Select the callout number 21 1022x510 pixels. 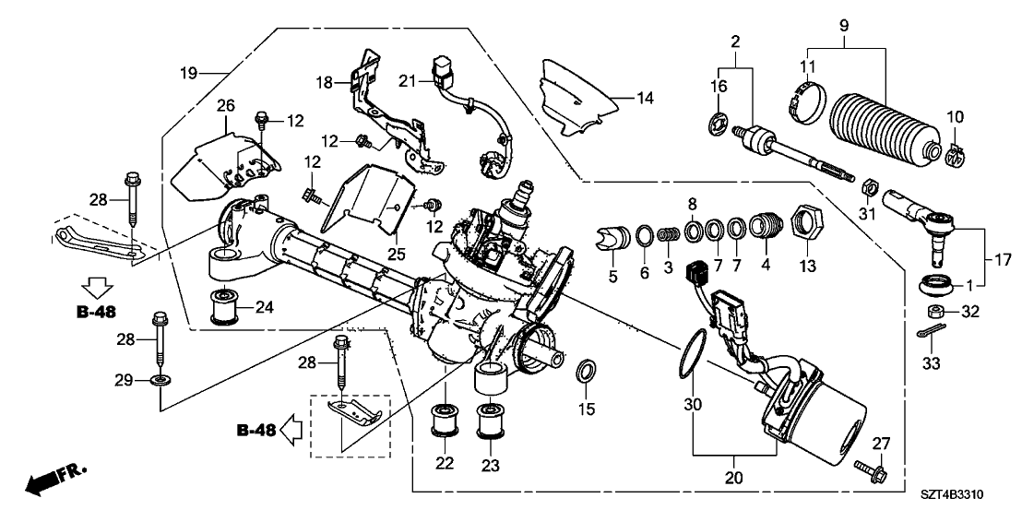click(408, 81)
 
